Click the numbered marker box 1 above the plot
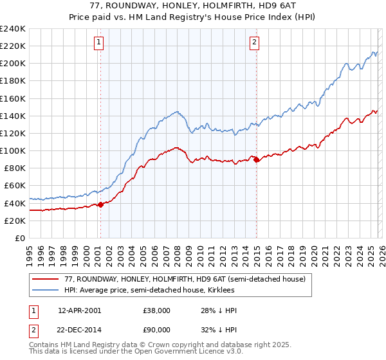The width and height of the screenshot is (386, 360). [x=100, y=43]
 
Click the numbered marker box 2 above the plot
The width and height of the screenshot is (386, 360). [x=255, y=43]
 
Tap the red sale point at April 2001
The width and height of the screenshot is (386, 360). [x=100, y=205]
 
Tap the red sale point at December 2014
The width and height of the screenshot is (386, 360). [x=257, y=159]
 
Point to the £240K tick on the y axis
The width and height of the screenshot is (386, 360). [x=13, y=29]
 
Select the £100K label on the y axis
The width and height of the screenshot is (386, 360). [x=13, y=150]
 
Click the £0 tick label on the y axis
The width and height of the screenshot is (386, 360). [x=21, y=238]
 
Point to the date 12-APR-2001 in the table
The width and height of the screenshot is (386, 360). [x=79, y=310]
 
